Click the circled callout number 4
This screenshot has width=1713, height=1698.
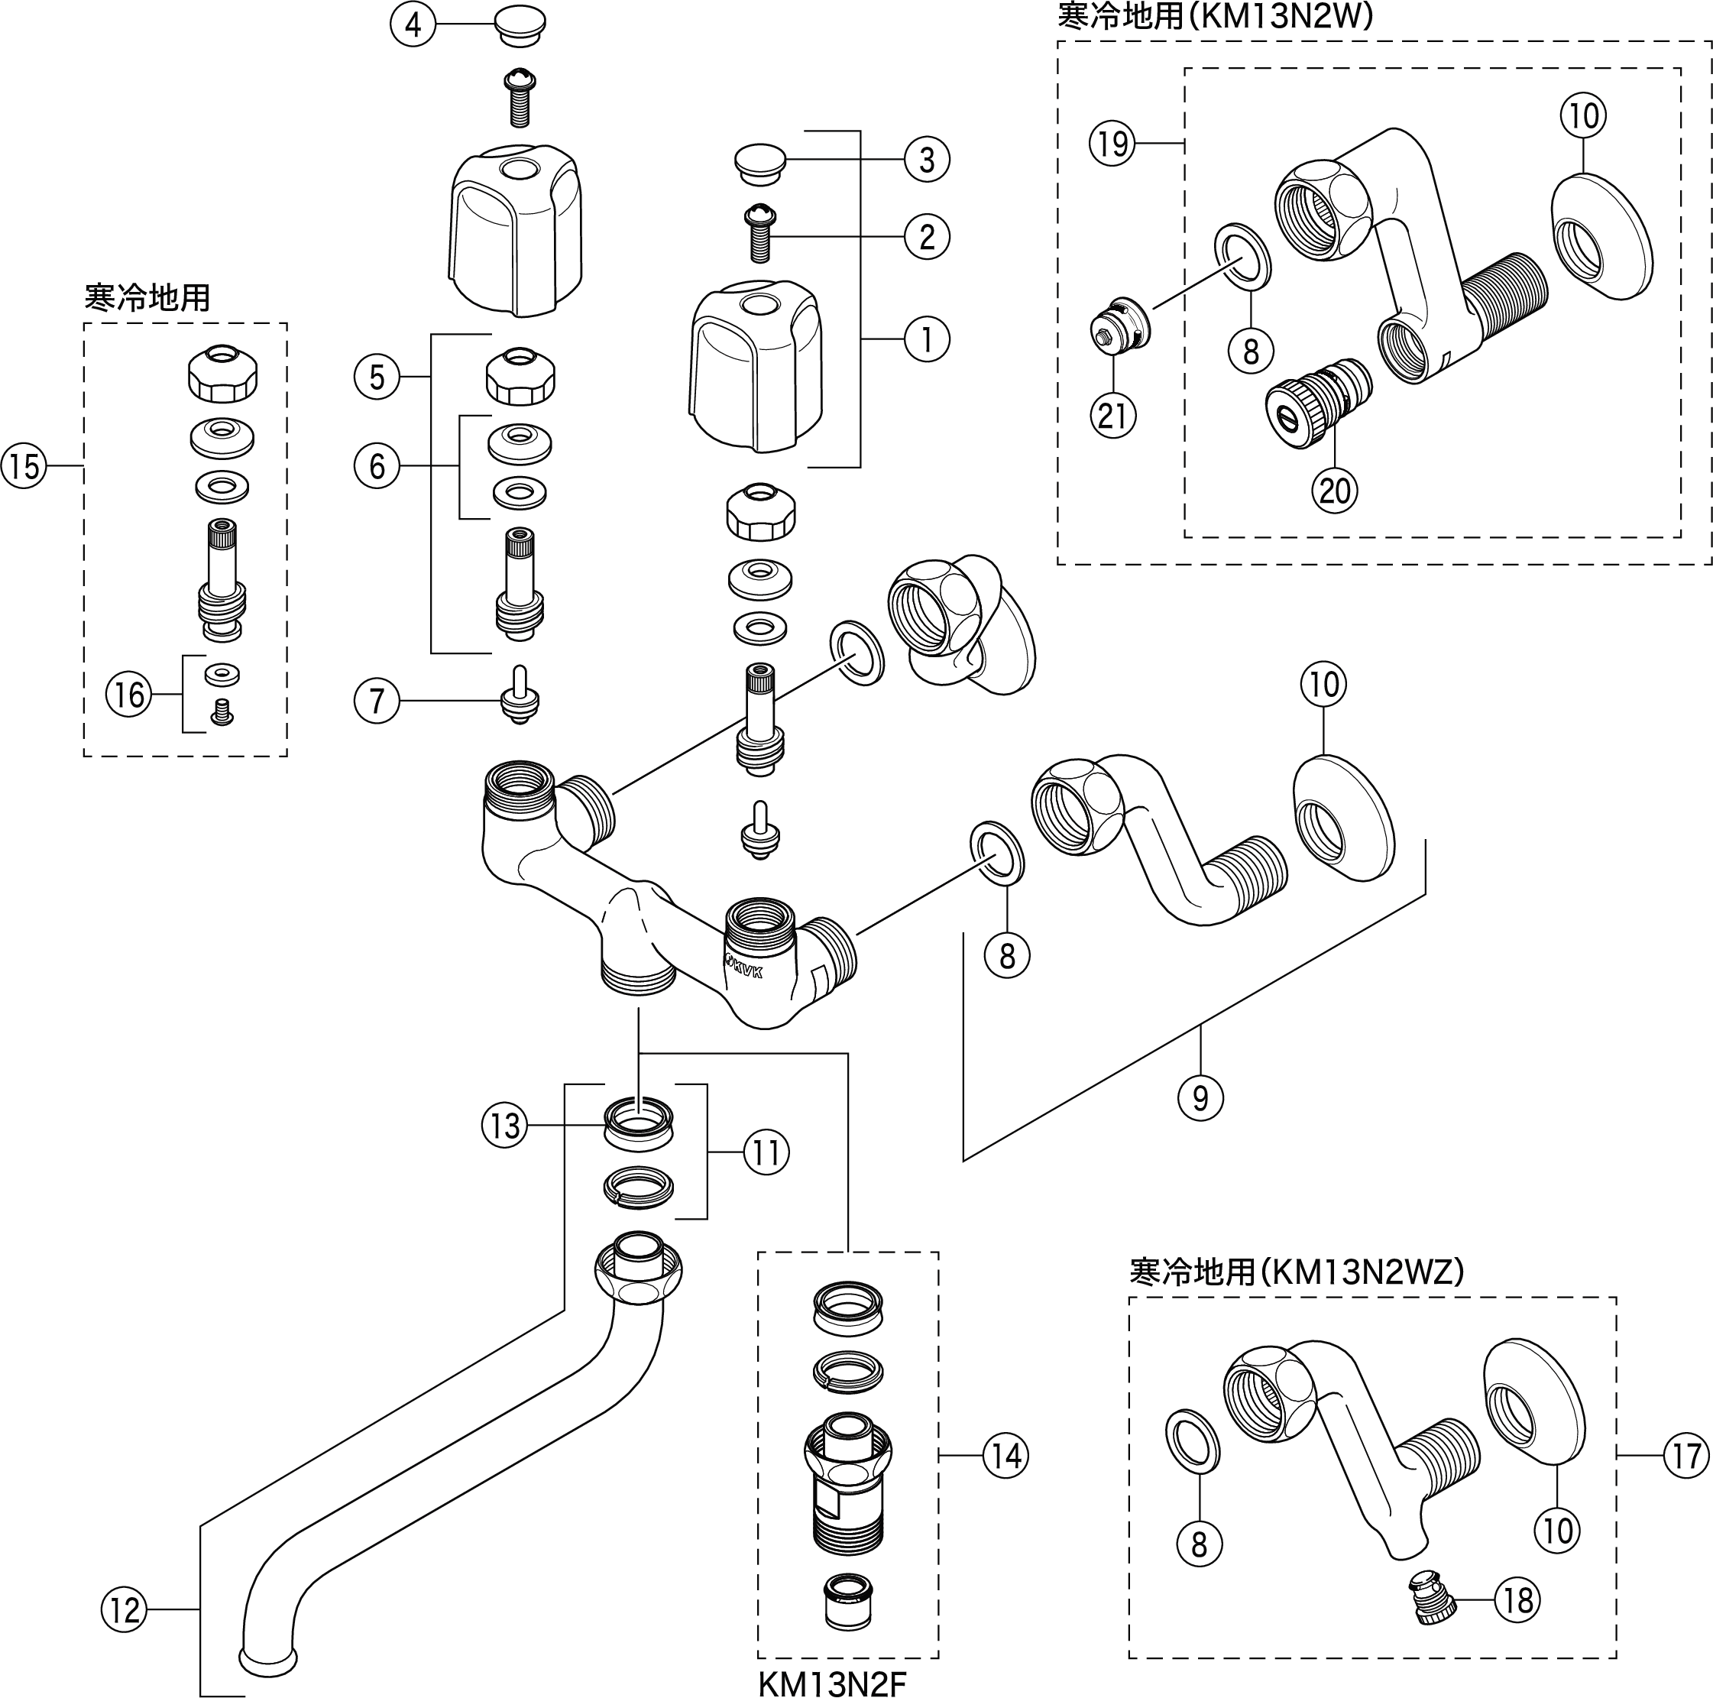pyautogui.click(x=413, y=24)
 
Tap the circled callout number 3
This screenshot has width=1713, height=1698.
pyautogui.click(x=927, y=160)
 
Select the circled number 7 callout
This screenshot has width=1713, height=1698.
pyautogui.click(x=377, y=701)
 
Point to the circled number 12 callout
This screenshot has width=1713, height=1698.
pyautogui.click(x=124, y=1609)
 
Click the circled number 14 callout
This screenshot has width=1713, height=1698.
pyautogui.click(x=1005, y=1455)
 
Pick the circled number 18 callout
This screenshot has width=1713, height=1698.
pyautogui.click(x=1518, y=1599)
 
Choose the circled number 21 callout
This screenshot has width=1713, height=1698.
pyautogui.click(x=1112, y=415)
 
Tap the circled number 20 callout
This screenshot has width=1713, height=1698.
pyautogui.click(x=1334, y=491)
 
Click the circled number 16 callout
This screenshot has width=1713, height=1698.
pyautogui.click(x=129, y=695)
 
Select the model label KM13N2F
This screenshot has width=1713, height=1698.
pyautogui.click(x=832, y=1683)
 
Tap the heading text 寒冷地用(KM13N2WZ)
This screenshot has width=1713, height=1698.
pyautogui.click(x=1297, y=1272)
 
